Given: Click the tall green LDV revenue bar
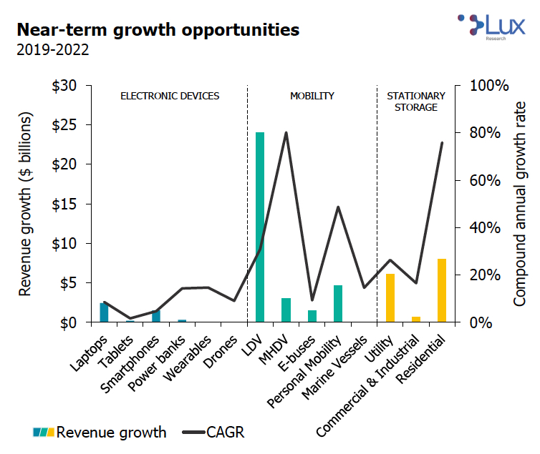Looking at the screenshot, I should [260, 227].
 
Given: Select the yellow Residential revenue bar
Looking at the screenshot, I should [442, 290].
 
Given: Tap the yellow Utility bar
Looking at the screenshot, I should [390, 298].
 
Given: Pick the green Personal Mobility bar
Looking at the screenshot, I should [338, 304].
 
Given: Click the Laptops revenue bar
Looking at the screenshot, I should [104, 312].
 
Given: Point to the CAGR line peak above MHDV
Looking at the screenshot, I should [286, 133].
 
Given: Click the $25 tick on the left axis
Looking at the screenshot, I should [66, 124].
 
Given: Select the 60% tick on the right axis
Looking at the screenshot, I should [490, 180].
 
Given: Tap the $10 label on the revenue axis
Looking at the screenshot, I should [66, 243].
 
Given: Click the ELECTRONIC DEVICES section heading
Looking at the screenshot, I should [170, 96].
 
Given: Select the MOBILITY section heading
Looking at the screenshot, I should [312, 96].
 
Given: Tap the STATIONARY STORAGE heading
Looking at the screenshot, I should [416, 102].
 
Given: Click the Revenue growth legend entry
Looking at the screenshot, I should [100, 432].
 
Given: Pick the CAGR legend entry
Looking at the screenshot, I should [214, 432].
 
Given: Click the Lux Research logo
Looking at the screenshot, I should [490, 26].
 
